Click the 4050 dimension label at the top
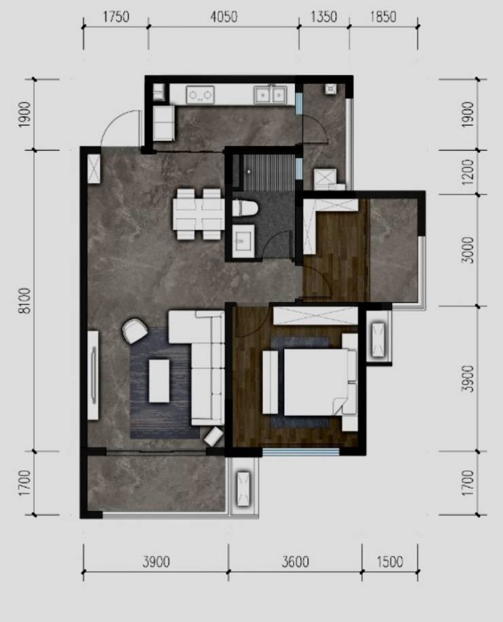coord(224,17)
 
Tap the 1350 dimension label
coord(324,17)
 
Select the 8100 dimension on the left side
coord(24,301)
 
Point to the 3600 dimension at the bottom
coord(296,561)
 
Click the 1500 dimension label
coord(389,561)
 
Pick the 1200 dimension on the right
coord(468,172)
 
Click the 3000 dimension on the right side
coord(468,250)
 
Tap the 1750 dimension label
coord(116,17)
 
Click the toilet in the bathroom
coord(245,208)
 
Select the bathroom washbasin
coord(243,241)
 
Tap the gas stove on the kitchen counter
coord(200,94)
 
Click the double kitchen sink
coord(270,94)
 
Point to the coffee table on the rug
coord(159,381)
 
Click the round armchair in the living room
coord(135,330)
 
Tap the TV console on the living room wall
coord(93,375)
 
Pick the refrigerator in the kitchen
coord(163,123)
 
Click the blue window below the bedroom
coord(301,451)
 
